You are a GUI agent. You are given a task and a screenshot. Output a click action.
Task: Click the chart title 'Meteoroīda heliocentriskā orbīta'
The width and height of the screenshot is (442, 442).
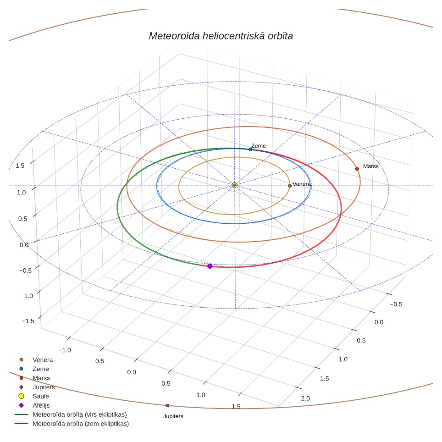(221, 36)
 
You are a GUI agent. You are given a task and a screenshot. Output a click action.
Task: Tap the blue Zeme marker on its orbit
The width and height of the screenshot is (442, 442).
(250, 149)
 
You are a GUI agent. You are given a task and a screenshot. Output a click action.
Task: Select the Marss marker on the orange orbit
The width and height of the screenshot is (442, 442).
(357, 169)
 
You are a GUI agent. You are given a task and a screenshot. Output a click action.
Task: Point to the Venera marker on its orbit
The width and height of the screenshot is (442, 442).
(289, 186)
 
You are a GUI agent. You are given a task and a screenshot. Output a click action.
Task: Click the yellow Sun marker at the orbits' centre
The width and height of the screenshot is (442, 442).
(235, 185)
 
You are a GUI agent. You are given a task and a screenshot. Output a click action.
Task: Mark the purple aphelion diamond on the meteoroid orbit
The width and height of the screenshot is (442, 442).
(210, 266)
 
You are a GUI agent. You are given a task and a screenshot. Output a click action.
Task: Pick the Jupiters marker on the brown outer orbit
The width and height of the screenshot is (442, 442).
(167, 405)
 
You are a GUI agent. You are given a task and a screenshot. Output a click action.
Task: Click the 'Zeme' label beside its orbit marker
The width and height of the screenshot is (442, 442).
(259, 146)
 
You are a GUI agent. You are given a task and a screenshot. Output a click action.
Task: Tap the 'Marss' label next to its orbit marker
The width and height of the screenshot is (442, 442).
(370, 166)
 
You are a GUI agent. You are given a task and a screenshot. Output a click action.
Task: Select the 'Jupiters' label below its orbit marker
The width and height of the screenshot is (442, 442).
(173, 416)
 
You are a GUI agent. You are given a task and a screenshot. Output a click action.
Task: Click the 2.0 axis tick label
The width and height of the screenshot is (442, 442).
(305, 398)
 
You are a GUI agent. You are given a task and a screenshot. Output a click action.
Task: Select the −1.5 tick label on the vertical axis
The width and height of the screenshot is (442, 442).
(28, 321)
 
